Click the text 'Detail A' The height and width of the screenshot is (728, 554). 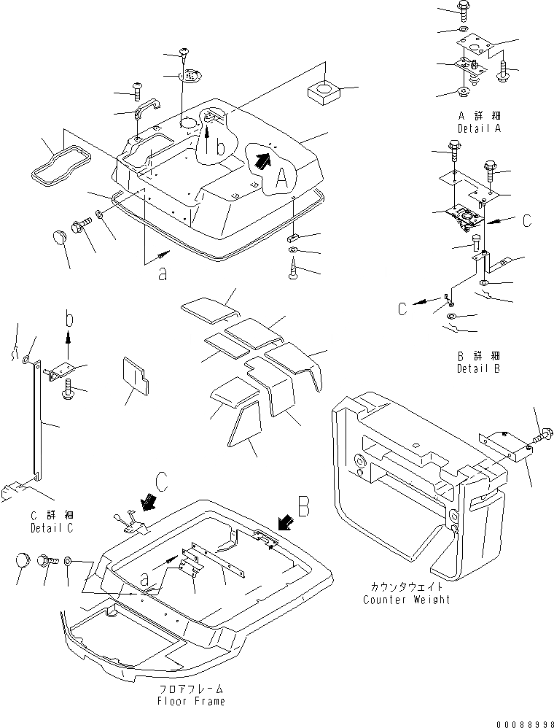pyautogui.click(x=479, y=128)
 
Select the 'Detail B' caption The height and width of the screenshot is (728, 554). pyautogui.click(x=479, y=369)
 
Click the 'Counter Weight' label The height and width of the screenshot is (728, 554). pyautogui.click(x=406, y=600)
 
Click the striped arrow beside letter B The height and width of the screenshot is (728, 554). pyautogui.click(x=286, y=521)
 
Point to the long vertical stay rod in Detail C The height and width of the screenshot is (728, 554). pyautogui.click(x=36, y=423)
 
